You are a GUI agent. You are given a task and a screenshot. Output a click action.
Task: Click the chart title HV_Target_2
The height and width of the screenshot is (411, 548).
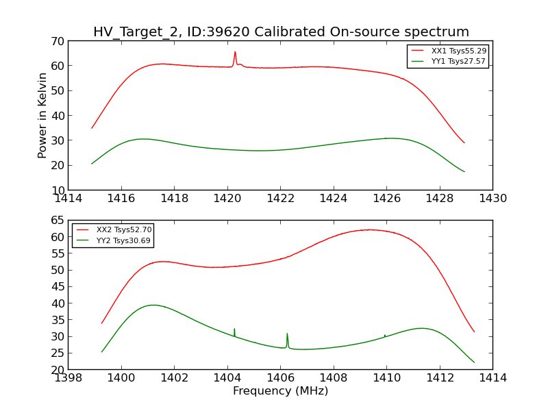point(281,32)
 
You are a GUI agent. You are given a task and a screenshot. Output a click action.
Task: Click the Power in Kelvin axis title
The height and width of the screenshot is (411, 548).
point(42,115)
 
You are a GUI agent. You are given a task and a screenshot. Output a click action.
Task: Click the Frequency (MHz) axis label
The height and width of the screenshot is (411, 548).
point(280,391)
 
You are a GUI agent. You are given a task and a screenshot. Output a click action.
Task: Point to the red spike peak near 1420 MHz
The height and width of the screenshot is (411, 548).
point(235,52)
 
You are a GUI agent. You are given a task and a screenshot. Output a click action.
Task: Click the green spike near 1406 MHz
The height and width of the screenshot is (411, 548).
point(287,334)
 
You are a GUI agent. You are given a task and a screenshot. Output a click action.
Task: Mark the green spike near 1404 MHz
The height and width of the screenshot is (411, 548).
point(234,329)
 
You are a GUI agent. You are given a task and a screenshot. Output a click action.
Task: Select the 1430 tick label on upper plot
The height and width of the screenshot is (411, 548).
point(493,199)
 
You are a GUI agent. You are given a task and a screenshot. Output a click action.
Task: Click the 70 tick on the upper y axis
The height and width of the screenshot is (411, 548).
point(56,41)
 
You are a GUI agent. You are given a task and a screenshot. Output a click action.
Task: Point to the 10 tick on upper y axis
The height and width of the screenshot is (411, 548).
point(56,190)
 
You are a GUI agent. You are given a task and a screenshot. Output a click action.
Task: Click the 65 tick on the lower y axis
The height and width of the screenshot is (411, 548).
point(56,221)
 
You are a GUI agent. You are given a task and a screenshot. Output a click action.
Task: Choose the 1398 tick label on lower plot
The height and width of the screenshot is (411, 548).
point(68,378)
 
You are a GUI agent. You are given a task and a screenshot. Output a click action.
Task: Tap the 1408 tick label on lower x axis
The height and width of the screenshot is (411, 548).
point(333,378)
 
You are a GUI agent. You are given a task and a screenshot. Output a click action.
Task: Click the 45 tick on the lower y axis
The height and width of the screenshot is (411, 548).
point(56,303)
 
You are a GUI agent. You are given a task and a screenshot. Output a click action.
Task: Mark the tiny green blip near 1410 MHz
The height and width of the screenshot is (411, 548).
point(385,336)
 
